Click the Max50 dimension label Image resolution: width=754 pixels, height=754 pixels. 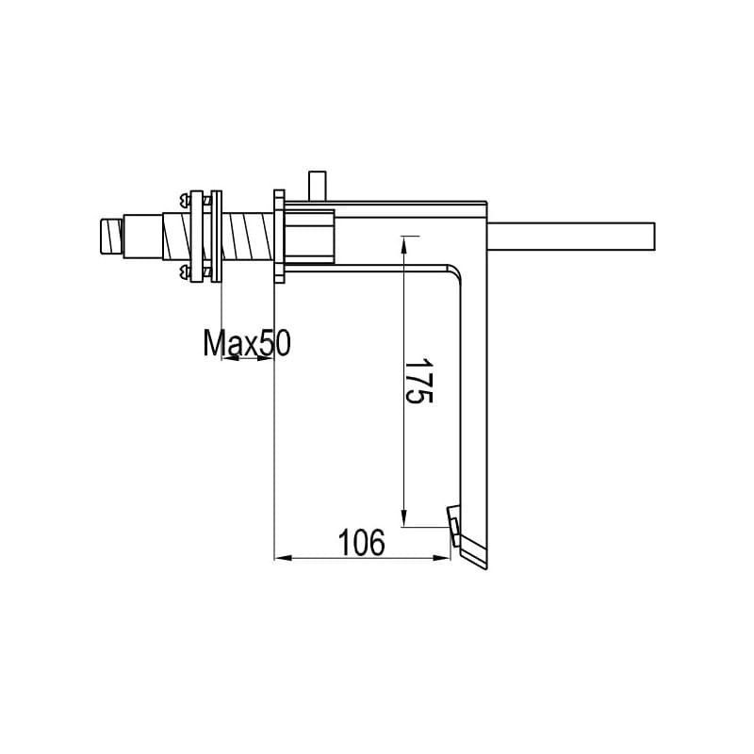[247, 343]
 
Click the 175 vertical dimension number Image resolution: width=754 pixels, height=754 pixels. [418, 381]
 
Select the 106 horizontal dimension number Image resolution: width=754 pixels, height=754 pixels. [362, 543]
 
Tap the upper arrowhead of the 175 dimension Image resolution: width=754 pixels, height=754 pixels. [404, 244]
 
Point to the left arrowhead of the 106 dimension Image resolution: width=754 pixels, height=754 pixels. [283, 558]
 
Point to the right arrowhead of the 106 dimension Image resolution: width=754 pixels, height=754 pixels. [441, 558]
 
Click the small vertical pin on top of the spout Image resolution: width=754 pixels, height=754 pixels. [317, 186]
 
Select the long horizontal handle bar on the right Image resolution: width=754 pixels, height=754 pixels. [571, 237]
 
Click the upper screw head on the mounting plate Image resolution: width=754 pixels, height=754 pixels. [184, 198]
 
